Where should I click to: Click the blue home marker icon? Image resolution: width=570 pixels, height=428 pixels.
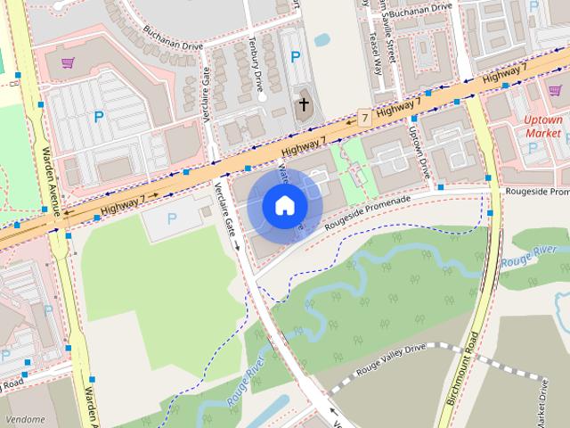point(284,206)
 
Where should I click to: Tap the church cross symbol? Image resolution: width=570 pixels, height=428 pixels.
point(303,104)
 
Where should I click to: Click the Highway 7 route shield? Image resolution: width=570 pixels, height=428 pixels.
point(363,118)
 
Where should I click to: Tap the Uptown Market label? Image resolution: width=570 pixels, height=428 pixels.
point(542,126)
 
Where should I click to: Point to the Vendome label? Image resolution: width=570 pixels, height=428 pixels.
point(24,418)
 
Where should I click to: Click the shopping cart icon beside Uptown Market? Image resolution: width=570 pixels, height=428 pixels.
point(555,91)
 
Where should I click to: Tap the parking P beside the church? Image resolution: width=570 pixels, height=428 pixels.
point(295,57)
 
